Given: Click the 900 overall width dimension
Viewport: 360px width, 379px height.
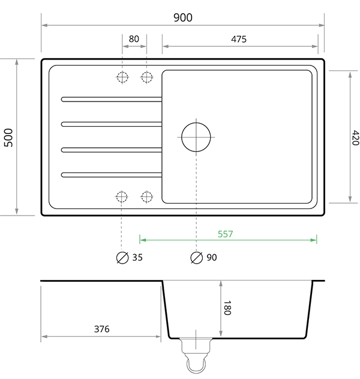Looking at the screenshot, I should pos(182,17).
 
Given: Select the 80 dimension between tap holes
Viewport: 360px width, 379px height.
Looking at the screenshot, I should pos(134,39).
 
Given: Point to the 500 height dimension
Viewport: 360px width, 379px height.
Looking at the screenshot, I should pos(8,137).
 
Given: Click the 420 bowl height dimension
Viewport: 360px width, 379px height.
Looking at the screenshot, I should pos(354,138).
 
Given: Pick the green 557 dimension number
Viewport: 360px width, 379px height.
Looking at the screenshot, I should pos(225,234).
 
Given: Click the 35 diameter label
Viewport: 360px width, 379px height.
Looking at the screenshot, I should pos(137,258).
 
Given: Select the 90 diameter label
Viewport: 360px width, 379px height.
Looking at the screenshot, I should pos(211,258).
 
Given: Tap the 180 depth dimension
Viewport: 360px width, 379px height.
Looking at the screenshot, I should pos(227,308).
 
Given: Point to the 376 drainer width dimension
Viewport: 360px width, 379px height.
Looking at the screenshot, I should pos(102,329).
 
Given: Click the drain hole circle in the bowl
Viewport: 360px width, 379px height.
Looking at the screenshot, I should pos(196,136).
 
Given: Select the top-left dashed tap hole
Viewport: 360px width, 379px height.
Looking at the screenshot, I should pos(122,77).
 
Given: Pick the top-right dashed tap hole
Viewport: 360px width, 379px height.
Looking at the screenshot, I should pos(146,77).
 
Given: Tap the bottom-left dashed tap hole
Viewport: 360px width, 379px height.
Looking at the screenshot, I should pos(122,196).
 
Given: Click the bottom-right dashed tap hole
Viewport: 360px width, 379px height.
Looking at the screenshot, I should pos(146,196).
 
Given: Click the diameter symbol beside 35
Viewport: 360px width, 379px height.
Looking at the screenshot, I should pos(122,258).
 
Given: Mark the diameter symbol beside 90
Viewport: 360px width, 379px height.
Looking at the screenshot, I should pos(196,258).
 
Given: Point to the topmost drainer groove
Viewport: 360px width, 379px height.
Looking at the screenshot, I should pos(112,99).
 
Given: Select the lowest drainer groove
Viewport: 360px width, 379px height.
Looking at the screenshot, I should pos(112,175).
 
